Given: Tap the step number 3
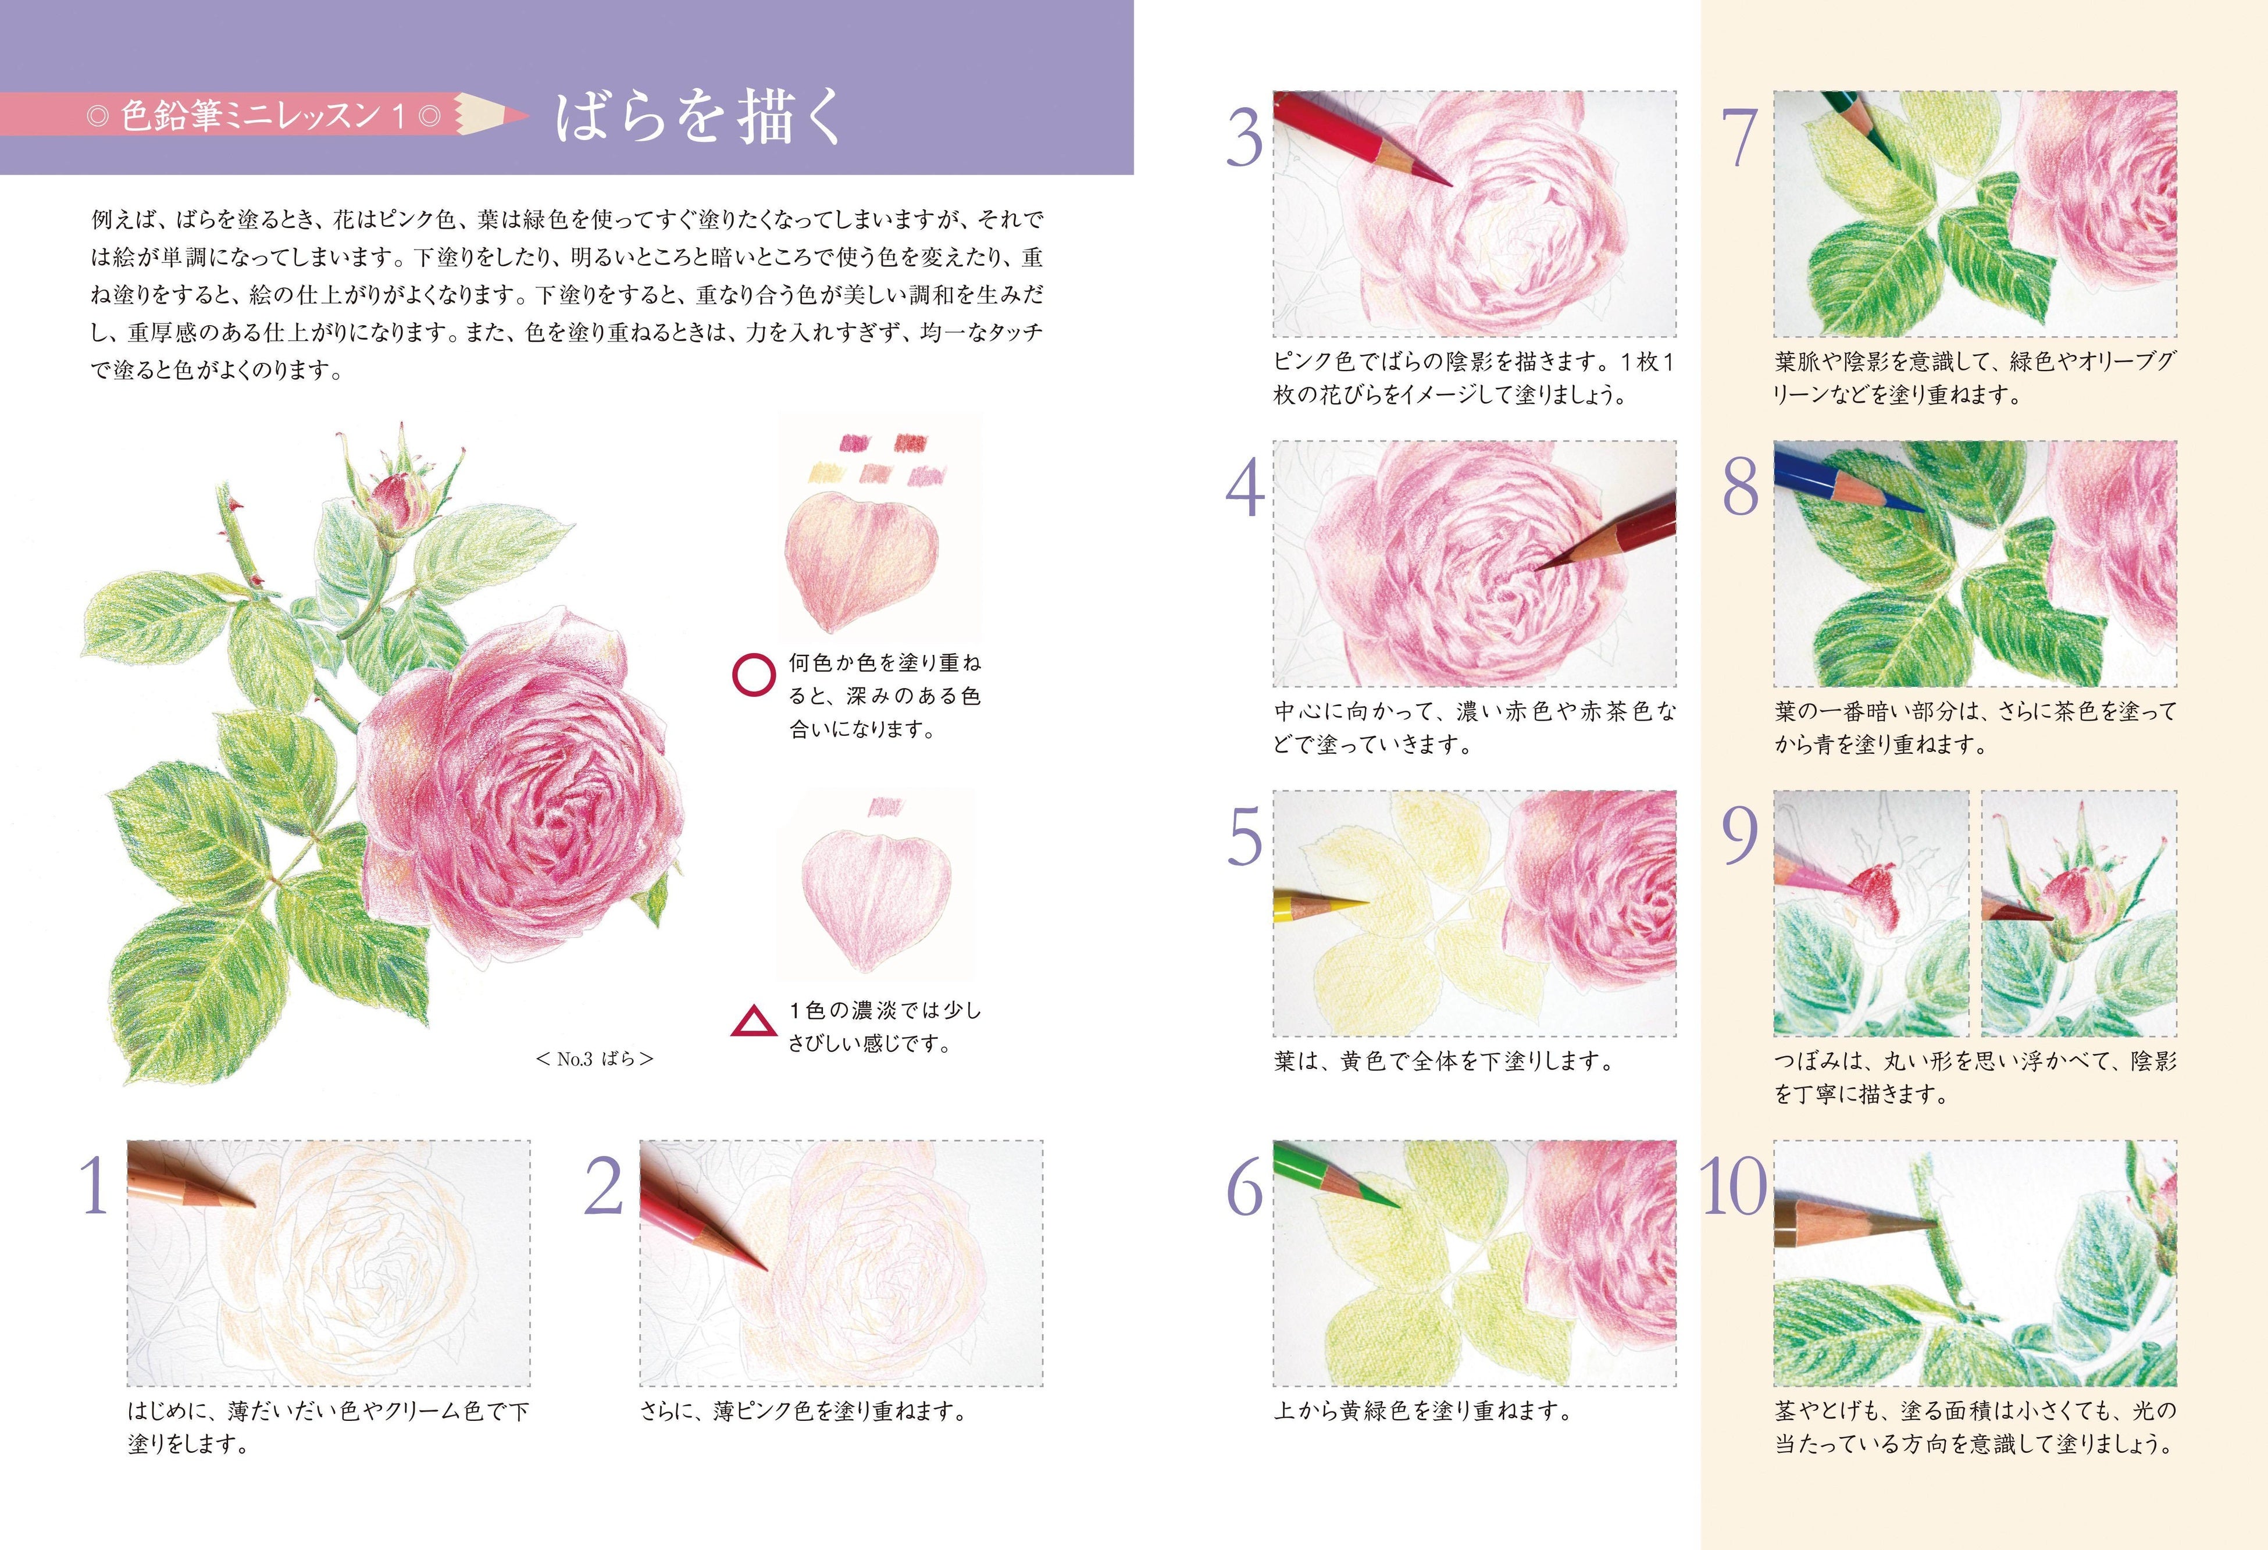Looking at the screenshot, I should coord(1244,140).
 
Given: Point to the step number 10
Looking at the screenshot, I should coord(1734,1188).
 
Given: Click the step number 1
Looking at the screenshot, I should coord(95,1188).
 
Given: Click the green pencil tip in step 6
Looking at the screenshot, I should coord(1390,1200).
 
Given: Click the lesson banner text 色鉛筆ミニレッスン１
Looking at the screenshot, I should coord(263,117).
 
